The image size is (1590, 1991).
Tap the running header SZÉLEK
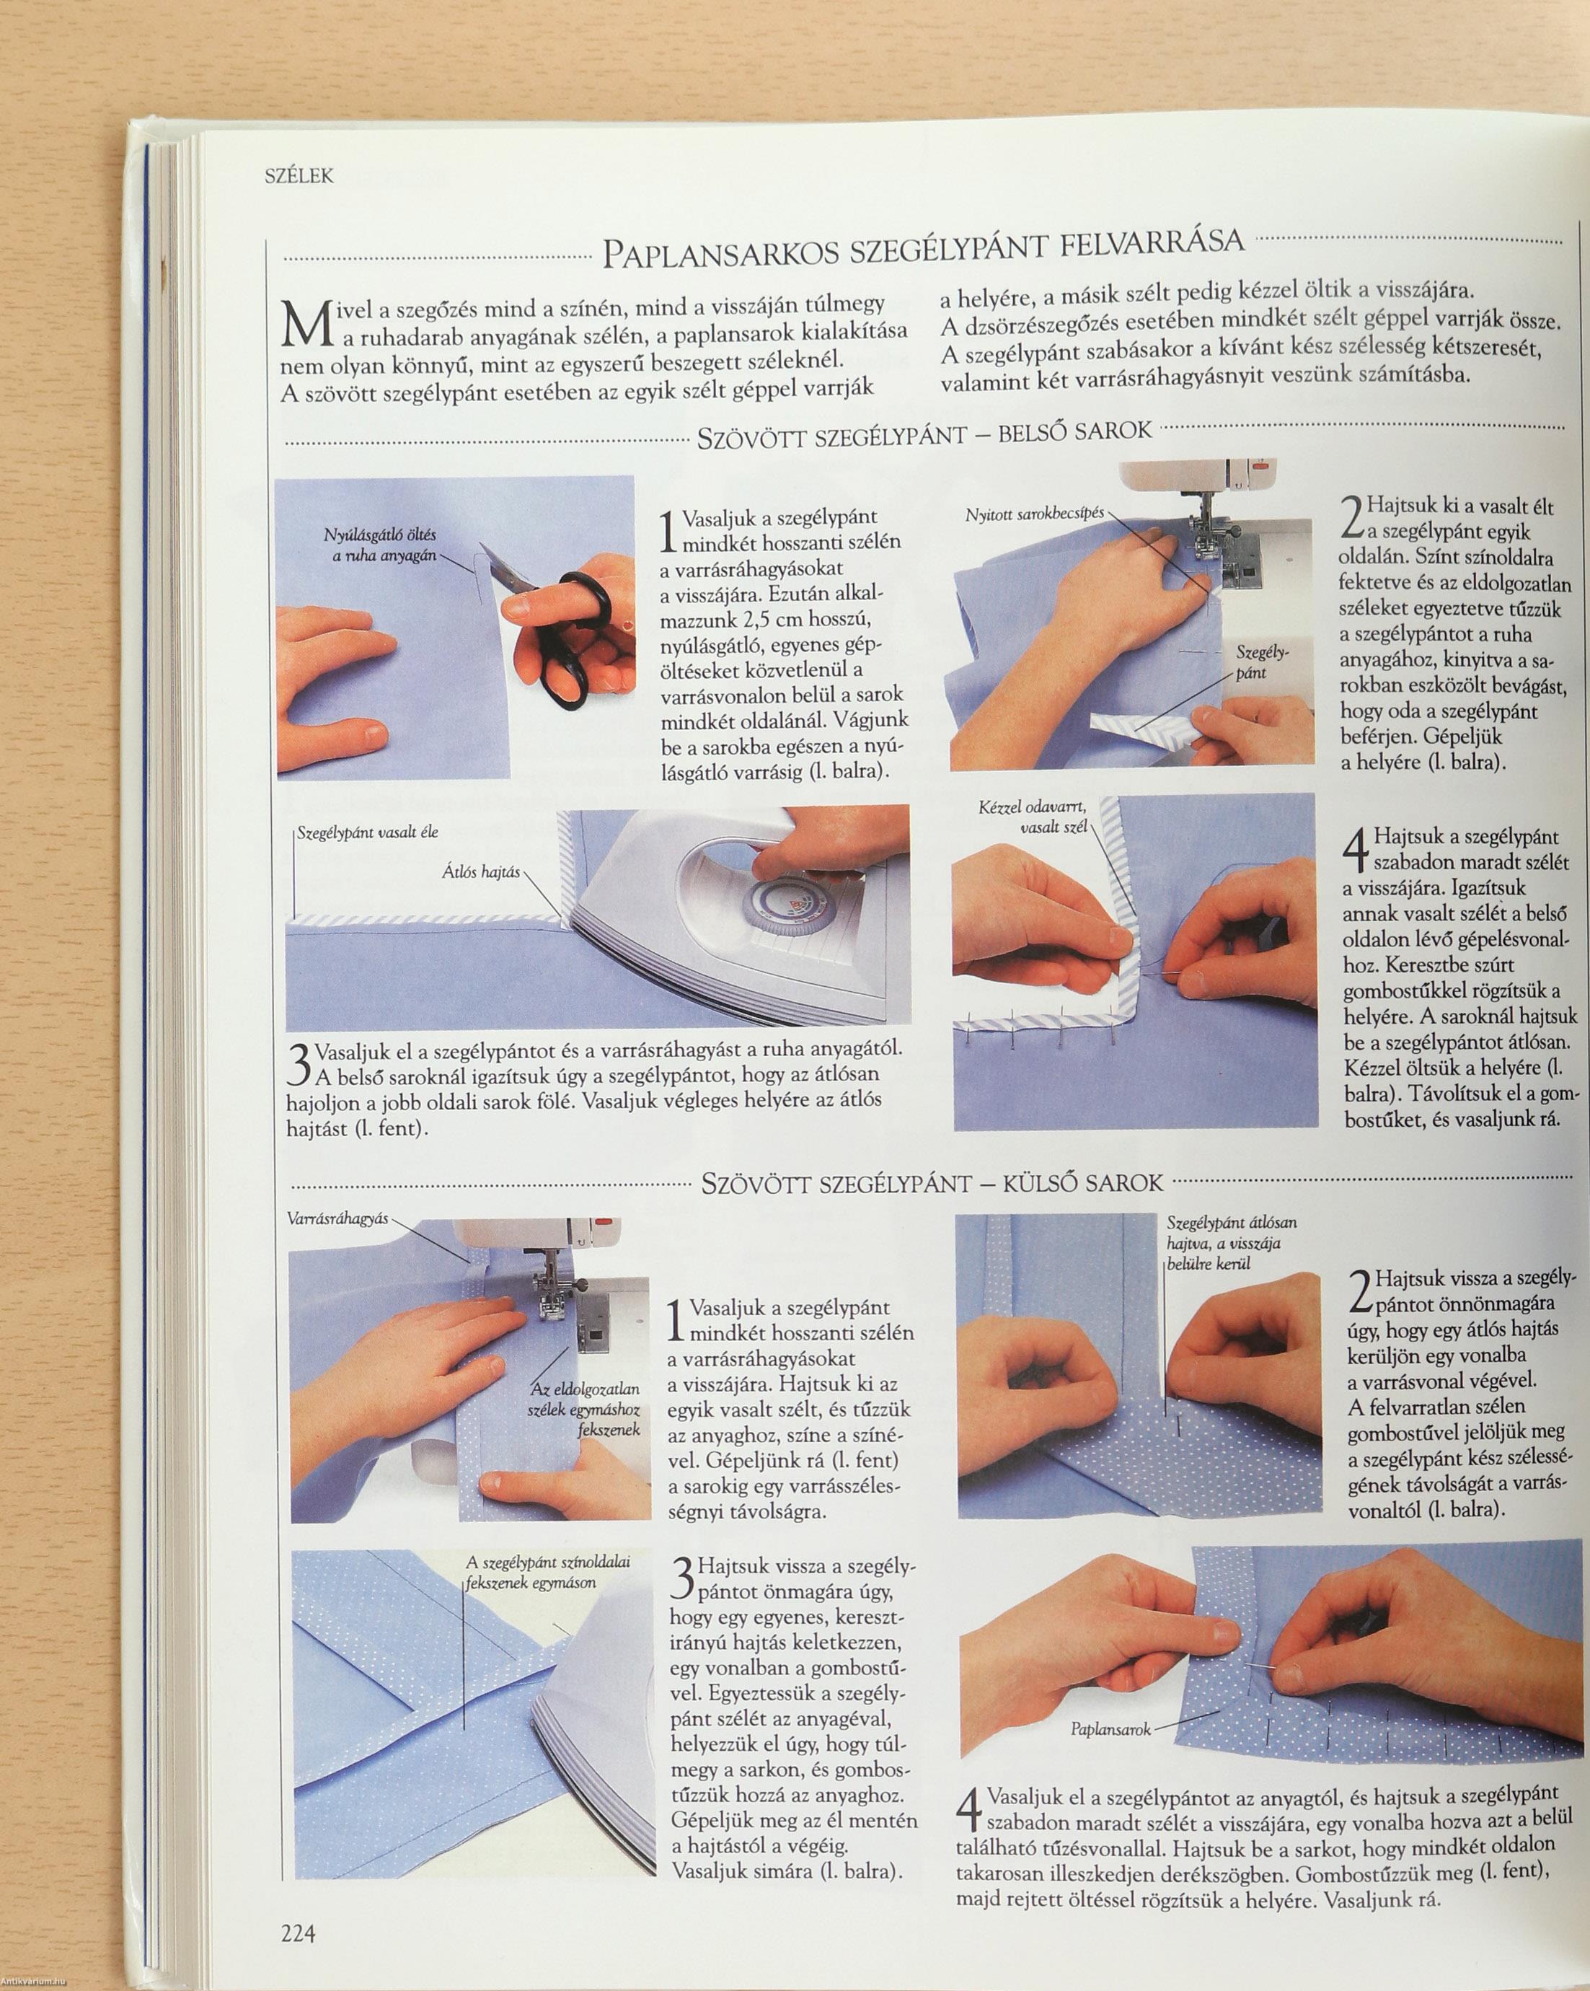pyautogui.click(x=299, y=175)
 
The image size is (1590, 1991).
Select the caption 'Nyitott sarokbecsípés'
pyautogui.click(x=1035, y=514)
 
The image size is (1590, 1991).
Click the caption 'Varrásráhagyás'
pyautogui.click(x=338, y=1218)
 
